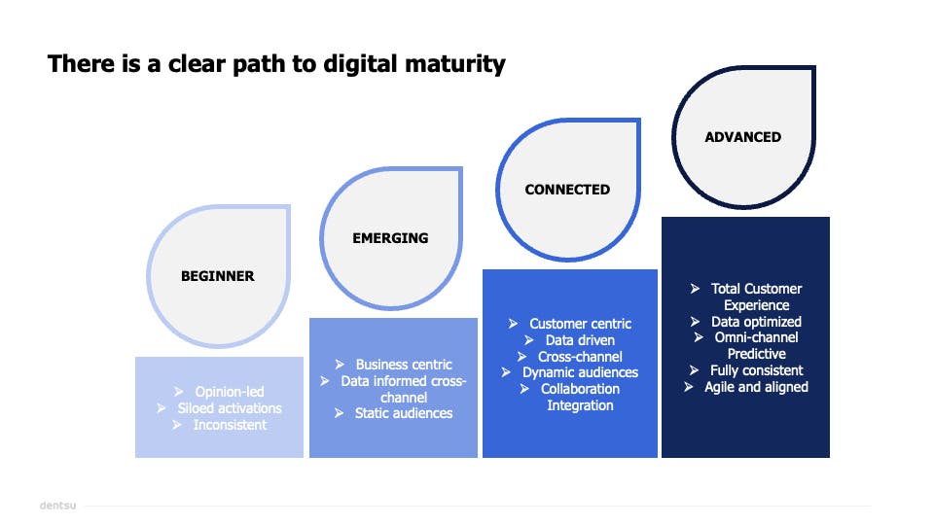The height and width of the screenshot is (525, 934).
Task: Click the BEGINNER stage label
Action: [218, 276]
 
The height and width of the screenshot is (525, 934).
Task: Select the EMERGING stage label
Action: [390, 238]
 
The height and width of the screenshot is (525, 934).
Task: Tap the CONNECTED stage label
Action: [567, 190]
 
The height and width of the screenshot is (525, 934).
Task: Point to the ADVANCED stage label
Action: [743, 137]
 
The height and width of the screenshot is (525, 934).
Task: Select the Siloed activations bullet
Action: [230, 408]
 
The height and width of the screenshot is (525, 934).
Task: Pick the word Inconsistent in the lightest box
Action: [230, 425]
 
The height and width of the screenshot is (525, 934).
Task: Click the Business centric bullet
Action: [404, 365]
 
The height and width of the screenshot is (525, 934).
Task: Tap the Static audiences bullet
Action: [404, 413]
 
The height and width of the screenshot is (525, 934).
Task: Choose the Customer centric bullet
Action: [581, 324]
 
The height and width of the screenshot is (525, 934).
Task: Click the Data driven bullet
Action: [580, 340]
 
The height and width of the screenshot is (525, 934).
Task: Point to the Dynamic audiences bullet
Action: [580, 372]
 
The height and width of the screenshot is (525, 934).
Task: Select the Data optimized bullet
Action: [756, 321]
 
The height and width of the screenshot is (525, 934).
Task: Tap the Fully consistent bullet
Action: [756, 370]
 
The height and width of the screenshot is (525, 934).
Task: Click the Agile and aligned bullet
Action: [756, 387]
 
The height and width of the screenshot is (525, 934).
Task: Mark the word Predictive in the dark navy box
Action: [756, 354]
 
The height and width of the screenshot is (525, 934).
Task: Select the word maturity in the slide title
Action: [455, 65]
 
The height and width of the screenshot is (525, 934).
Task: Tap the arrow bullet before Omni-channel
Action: [700, 337]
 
